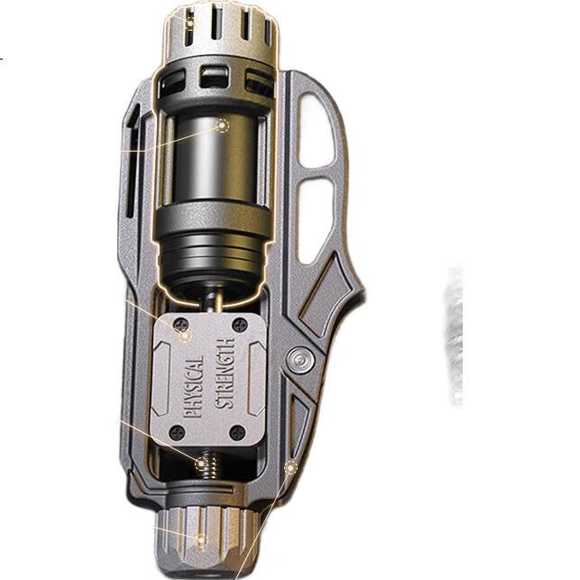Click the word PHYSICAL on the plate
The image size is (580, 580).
(x=194, y=387)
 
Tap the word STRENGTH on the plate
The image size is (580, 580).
(x=225, y=373)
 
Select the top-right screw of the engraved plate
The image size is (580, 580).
(x=240, y=325)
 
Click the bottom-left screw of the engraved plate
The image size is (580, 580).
(x=177, y=432)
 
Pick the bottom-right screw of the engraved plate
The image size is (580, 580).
(x=237, y=433)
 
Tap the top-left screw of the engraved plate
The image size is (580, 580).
(x=181, y=325)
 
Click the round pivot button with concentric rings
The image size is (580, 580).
(x=300, y=360)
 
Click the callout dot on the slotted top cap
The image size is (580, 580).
(x=189, y=23)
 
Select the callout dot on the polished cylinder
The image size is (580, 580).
(x=222, y=125)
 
